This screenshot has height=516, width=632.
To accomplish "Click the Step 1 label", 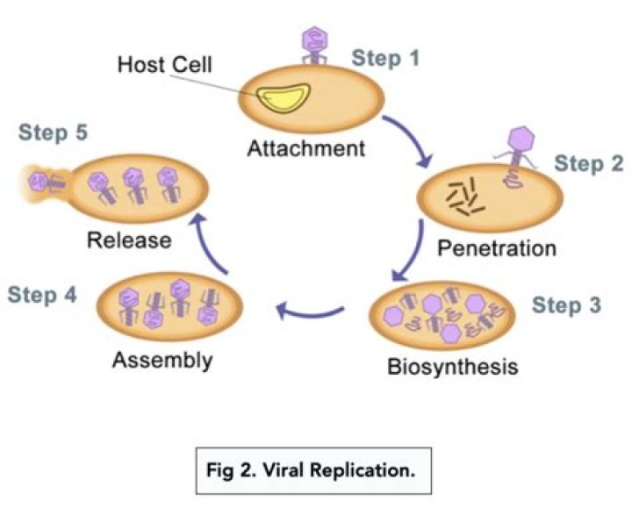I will click(x=385, y=59).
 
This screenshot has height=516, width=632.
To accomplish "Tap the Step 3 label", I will click(x=567, y=306).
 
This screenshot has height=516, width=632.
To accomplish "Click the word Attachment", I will click(x=305, y=147).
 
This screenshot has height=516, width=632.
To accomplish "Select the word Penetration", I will click(x=497, y=247).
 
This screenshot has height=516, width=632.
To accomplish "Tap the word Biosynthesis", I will click(x=452, y=363).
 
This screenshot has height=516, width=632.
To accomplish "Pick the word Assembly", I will click(x=163, y=359).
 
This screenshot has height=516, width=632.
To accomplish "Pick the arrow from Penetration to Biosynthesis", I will click(x=406, y=261).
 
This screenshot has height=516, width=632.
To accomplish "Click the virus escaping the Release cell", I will click(x=39, y=182).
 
